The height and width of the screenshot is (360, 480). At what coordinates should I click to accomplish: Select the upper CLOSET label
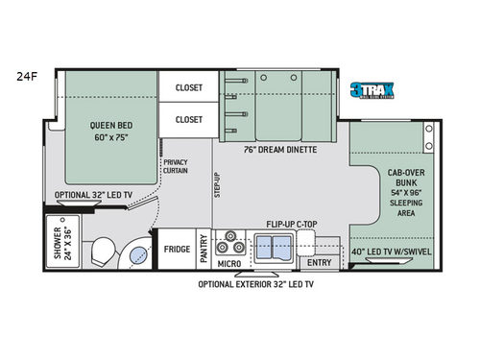coord(188,87)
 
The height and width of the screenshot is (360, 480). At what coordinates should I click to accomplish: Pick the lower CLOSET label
coord(188,119)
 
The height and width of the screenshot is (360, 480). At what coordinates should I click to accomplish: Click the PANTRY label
coord(204,250)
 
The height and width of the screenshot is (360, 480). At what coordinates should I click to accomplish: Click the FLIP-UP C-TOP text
coord(292,223)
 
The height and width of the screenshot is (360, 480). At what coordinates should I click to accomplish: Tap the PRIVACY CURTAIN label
coord(175,167)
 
